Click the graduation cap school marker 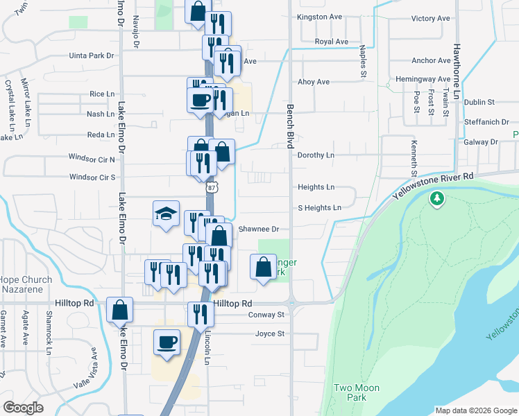click(167, 214)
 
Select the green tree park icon click(436, 200)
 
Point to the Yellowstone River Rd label click(433, 186)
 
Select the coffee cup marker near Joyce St click(167, 343)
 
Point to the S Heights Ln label click(319, 207)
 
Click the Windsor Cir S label click(92, 177)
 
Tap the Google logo click(24, 408)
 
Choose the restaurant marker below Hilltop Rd click(201, 315)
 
